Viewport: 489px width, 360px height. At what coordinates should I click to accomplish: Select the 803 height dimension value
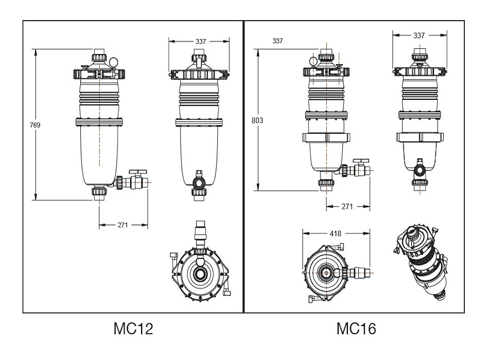[x=257, y=120]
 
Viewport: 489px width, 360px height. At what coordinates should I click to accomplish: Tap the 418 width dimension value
[x=335, y=233]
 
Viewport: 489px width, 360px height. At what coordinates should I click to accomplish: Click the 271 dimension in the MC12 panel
[x=123, y=225]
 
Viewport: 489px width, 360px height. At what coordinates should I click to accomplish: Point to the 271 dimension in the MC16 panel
[x=347, y=206]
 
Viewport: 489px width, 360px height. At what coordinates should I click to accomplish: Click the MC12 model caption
[x=133, y=329]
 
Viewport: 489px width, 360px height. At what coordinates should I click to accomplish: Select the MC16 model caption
[x=356, y=329]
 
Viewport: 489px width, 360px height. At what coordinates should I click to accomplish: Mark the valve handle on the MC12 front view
[x=138, y=170]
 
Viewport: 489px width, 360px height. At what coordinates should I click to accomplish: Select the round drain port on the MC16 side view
[x=418, y=169]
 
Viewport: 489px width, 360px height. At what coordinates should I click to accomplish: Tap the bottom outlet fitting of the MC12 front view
[x=99, y=192]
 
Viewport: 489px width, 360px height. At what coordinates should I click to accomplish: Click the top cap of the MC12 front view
[x=99, y=56]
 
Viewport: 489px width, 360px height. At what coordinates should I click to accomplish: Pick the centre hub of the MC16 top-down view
[x=326, y=271]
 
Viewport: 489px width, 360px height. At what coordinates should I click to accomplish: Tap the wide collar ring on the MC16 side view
[x=419, y=137]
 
